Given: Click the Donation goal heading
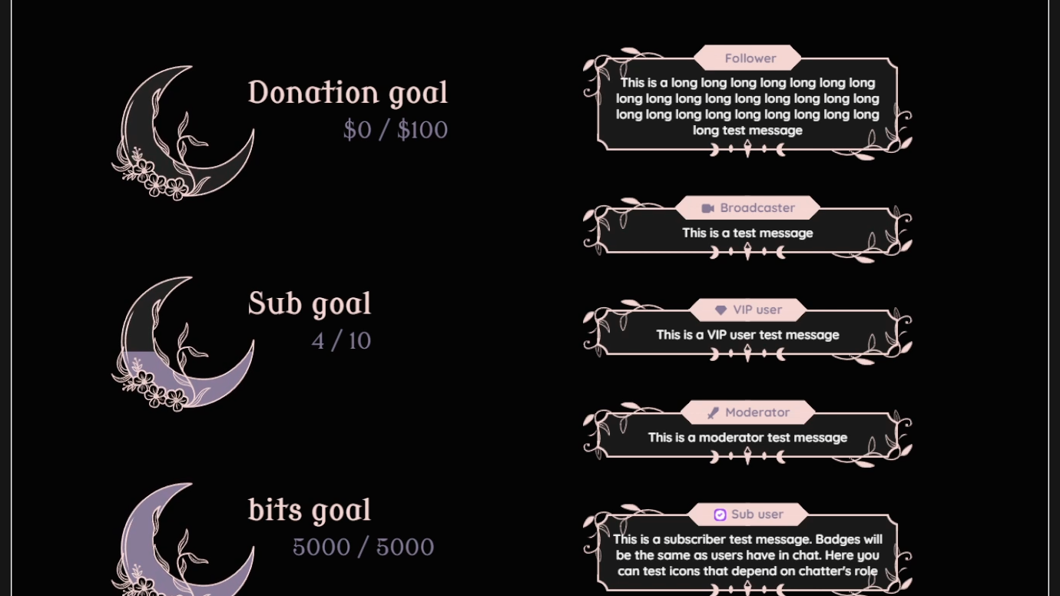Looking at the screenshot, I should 347,93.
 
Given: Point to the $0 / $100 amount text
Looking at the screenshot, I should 395,130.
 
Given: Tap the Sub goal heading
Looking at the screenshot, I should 310,304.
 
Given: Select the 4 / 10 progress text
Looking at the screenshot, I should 341,341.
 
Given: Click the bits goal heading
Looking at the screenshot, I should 310,511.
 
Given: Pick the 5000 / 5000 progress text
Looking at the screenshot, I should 363,547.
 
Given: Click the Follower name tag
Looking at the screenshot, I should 750,58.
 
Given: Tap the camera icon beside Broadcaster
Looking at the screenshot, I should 708,208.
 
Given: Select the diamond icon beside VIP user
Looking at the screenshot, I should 720,310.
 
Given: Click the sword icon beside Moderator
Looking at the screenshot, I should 713,413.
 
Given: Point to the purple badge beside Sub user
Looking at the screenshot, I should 720,515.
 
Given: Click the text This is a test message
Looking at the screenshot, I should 747,233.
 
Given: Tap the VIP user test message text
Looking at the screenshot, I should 747,335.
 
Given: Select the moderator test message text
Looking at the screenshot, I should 747,438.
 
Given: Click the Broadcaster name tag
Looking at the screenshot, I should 757,208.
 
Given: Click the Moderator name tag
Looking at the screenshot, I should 757,412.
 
